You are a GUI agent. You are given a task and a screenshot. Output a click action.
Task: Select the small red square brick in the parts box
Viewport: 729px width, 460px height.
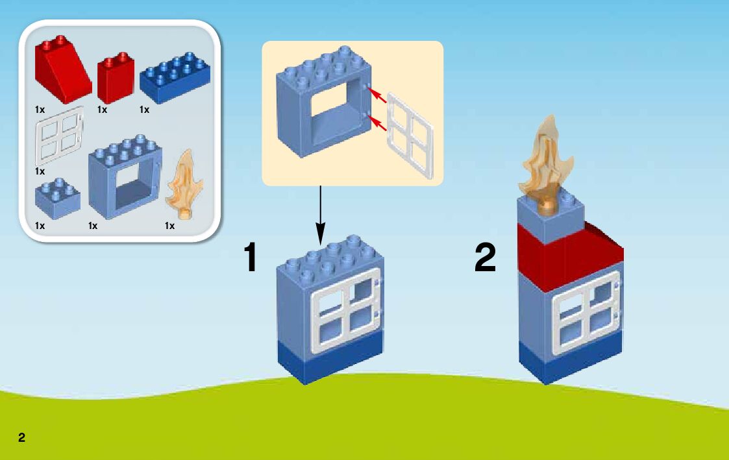pyautogui.click(x=116, y=80)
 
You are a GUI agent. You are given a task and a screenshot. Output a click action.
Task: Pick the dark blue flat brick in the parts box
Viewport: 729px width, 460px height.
pyautogui.click(x=175, y=78)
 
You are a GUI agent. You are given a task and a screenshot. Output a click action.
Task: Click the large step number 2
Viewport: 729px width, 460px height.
pyautogui.click(x=485, y=258)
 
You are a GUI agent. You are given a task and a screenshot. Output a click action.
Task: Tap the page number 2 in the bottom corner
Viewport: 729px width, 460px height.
pyautogui.click(x=22, y=437)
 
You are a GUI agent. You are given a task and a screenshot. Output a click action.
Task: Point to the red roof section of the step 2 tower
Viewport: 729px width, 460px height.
pyautogui.click(x=565, y=256)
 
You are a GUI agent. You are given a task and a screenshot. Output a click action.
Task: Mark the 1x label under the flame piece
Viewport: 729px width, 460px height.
pyautogui.click(x=169, y=226)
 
